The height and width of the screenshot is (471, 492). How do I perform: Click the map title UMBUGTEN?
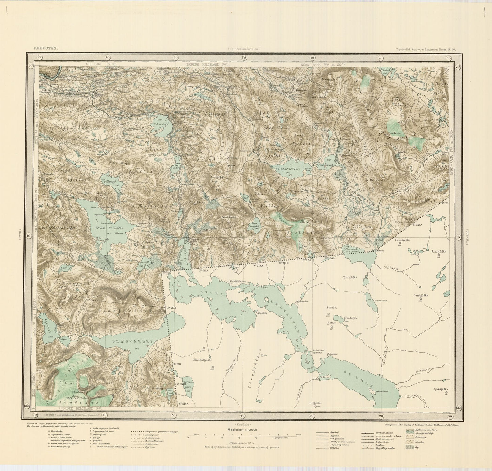[x=45, y=48]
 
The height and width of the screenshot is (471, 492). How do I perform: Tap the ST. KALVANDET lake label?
[x=285, y=169]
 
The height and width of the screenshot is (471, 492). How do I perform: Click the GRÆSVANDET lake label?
[x=125, y=340]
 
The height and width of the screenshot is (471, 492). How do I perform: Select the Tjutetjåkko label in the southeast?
[x=441, y=389]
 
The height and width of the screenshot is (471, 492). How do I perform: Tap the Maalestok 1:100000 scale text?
[x=242, y=430]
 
